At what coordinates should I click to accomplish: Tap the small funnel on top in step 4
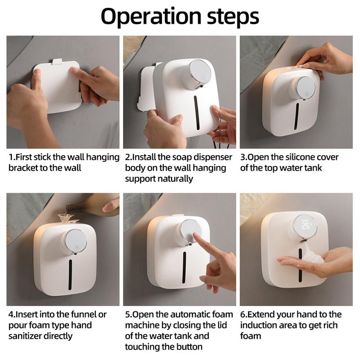pos(67,219)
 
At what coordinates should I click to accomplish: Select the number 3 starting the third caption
pos(243,157)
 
